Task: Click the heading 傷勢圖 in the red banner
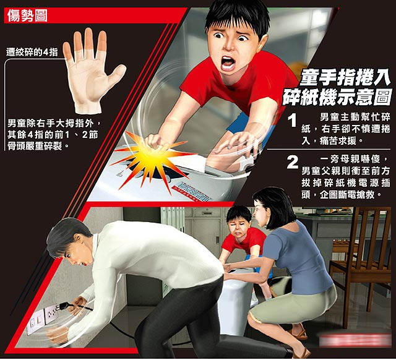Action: click(x=27, y=15)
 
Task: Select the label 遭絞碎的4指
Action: click(x=32, y=52)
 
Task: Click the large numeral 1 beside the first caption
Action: click(x=293, y=120)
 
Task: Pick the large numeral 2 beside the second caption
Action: click(x=293, y=162)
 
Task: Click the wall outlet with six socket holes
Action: click(x=51, y=314)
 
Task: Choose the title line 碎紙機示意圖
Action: click(x=338, y=97)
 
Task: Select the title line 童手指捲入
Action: click(x=345, y=77)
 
